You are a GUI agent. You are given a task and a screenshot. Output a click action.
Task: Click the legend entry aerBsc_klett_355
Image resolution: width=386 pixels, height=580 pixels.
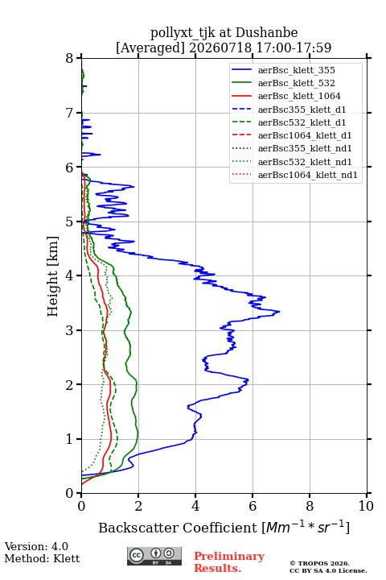coord(296,70)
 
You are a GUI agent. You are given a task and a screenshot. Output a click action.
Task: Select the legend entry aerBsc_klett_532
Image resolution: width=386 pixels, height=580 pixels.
coord(296,83)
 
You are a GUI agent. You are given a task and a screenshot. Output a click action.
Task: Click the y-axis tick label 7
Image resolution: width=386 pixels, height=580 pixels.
coord(70,113)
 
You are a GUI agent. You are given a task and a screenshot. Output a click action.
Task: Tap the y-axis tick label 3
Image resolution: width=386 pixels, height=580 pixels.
coord(70,330)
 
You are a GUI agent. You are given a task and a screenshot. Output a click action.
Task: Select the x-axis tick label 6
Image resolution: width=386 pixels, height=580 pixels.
coord(253,506)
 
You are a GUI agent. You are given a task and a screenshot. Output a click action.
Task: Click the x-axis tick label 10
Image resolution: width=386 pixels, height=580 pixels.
coord(366,506)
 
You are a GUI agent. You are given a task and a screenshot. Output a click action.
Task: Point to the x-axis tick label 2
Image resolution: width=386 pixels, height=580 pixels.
coord(138,506)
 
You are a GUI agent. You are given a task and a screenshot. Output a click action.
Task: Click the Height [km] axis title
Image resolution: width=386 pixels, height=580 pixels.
coord(53,276)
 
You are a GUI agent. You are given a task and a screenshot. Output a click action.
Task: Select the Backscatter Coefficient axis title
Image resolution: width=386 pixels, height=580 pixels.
coord(224,528)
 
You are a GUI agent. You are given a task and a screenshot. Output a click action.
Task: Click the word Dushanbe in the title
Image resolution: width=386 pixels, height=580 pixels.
coord(266,33)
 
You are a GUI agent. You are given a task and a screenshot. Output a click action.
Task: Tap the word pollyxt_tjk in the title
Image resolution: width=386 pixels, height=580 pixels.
coord(183,33)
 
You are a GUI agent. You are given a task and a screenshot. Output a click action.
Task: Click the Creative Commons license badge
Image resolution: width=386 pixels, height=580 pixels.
coord(154,557)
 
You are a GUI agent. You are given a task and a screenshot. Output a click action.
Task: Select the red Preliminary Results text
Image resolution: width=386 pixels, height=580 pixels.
coord(229,562)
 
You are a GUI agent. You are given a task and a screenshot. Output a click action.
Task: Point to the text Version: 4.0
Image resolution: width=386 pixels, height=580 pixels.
coord(36,547)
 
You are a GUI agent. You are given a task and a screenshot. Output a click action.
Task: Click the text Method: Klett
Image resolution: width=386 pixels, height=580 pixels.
coord(42,558)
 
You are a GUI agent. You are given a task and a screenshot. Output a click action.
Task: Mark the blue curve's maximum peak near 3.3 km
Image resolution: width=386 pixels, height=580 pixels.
coord(279,312)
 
